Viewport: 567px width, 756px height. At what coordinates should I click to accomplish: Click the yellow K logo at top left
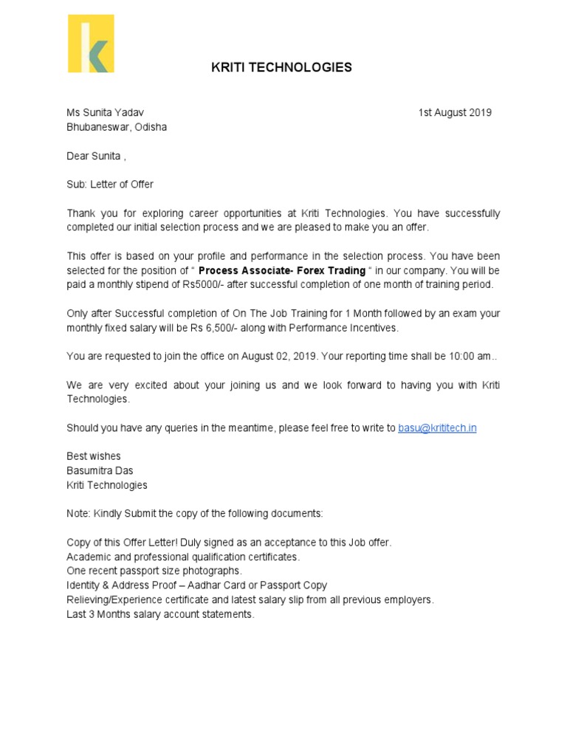coord(91,44)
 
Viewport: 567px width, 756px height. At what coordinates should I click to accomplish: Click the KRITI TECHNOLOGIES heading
coord(281,67)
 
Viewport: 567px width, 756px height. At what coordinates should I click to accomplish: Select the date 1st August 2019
coord(455,113)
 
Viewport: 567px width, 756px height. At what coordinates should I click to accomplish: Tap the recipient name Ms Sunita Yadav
coord(106,113)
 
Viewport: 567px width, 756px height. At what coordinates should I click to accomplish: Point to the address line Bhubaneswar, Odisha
coord(117,127)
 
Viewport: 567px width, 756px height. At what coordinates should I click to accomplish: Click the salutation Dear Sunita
coord(95,156)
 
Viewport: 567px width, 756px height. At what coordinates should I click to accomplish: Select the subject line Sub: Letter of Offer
coord(110,185)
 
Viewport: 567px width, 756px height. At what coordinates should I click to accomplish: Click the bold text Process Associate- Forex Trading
coord(282,270)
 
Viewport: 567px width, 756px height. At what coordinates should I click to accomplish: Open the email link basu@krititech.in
coord(437,428)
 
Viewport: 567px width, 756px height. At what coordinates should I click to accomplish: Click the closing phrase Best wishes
coord(94,456)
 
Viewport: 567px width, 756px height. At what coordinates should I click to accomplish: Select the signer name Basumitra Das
coord(100,470)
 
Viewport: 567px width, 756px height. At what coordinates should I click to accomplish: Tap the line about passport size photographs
coord(154,571)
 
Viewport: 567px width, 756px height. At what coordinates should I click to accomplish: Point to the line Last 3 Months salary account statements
coord(160,614)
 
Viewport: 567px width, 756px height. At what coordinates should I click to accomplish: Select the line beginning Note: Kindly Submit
coord(195,513)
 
